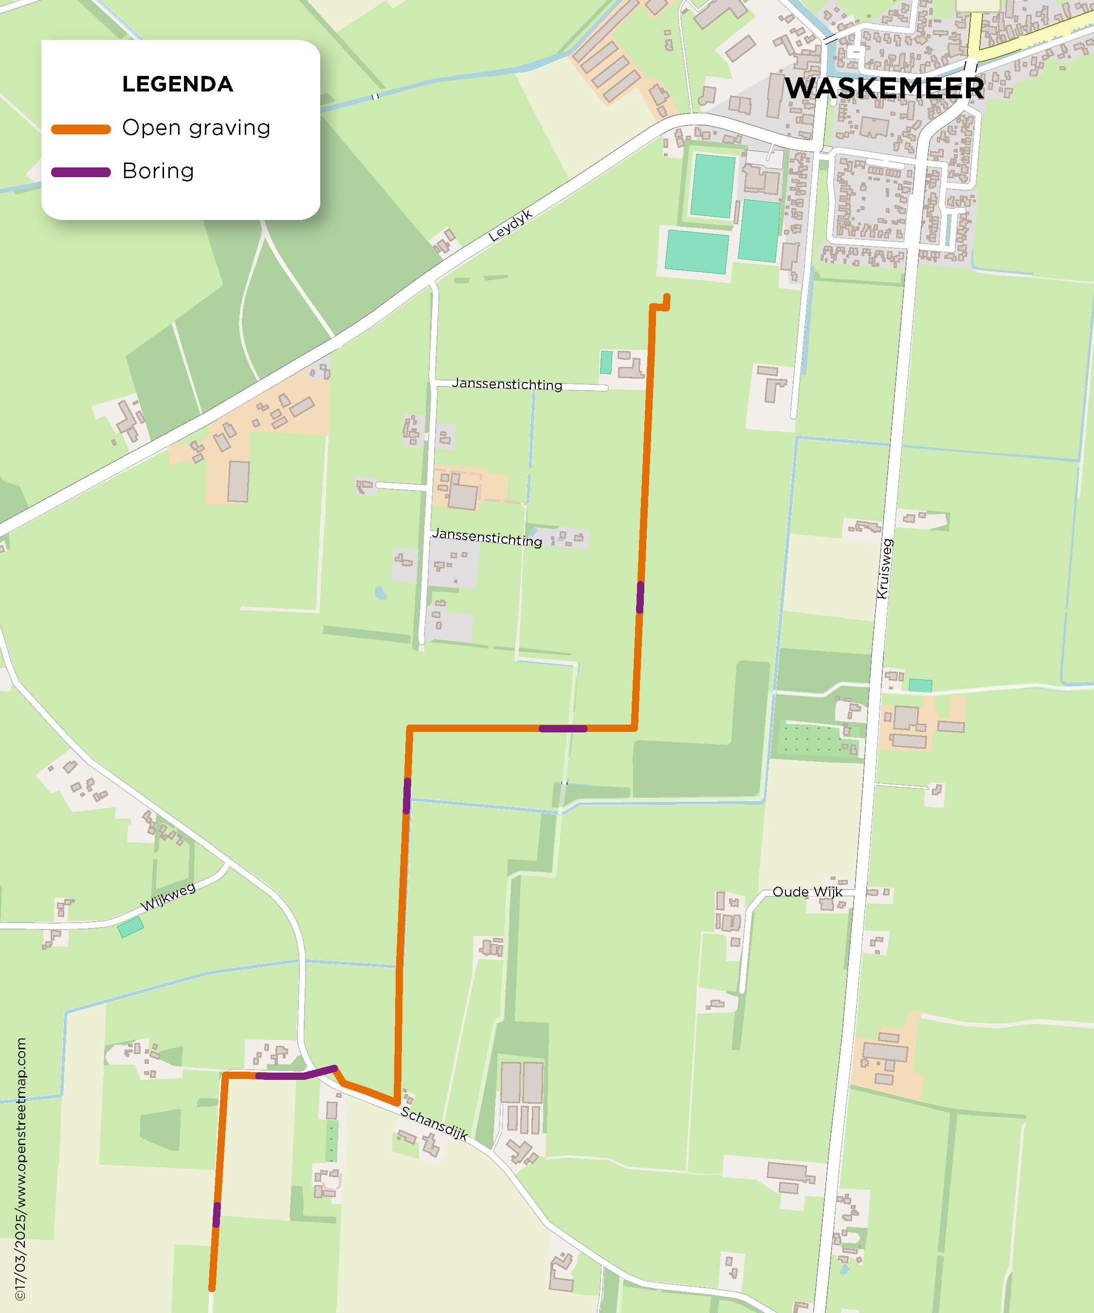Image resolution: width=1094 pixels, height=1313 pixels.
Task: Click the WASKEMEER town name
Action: coord(883,88)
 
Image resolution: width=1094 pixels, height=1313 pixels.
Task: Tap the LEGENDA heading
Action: coord(178,84)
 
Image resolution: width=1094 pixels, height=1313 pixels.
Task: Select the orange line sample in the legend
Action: coord(81,129)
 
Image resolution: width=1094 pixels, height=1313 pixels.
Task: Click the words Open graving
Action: coord(196,128)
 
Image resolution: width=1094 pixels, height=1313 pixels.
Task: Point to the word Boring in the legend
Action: coord(158,171)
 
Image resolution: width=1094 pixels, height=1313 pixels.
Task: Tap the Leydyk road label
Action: coord(510,225)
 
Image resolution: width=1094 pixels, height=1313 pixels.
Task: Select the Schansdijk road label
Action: coord(434,1122)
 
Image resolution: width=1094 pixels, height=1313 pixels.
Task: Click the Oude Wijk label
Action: coord(807,892)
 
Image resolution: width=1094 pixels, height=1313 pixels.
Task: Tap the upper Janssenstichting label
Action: coord(507,384)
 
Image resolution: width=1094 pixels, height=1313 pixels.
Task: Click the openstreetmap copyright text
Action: coord(20,1169)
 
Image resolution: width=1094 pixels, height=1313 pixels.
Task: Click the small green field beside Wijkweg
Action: coord(130,927)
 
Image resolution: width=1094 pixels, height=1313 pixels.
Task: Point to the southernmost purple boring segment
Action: coord(216,1214)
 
